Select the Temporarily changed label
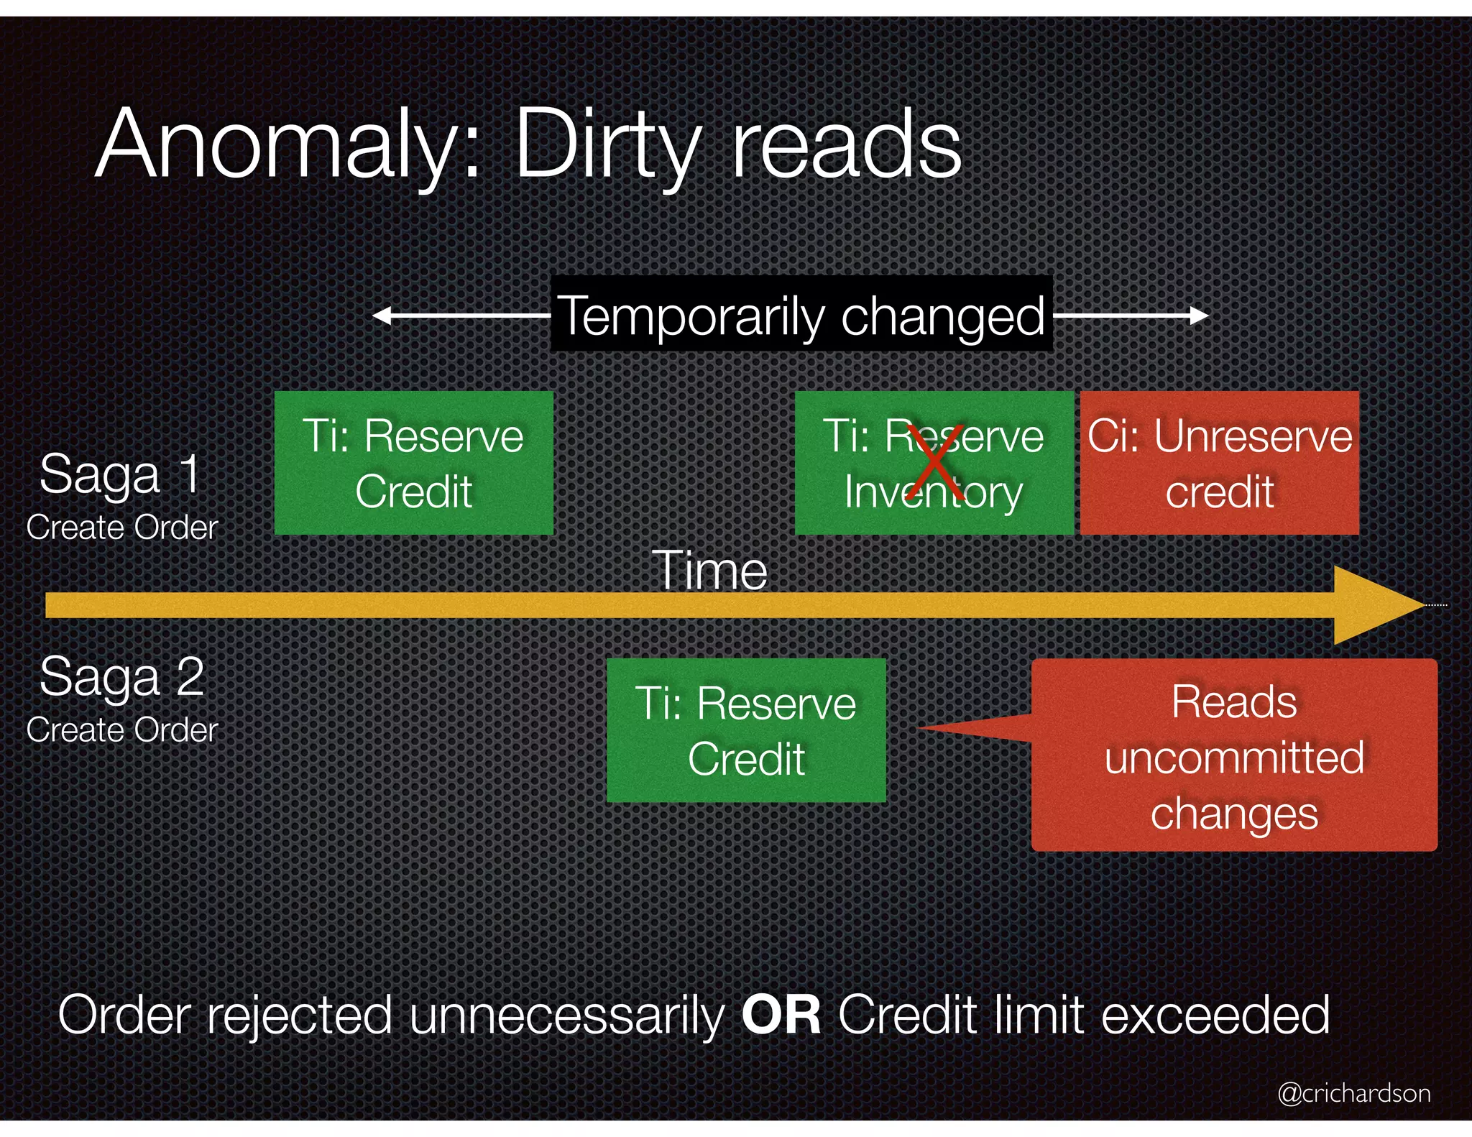(801, 315)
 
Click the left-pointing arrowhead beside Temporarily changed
(381, 316)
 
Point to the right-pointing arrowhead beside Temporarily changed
(1200, 316)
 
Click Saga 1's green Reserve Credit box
(414, 463)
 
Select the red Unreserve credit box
(1220, 463)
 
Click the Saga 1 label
(120, 474)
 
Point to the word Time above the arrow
(710, 571)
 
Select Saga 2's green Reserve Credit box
(746, 730)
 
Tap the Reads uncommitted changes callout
(1234, 756)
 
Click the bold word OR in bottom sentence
(781, 1015)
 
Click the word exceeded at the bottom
(1215, 1015)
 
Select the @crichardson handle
(1354, 1093)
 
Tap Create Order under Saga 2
(122, 730)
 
